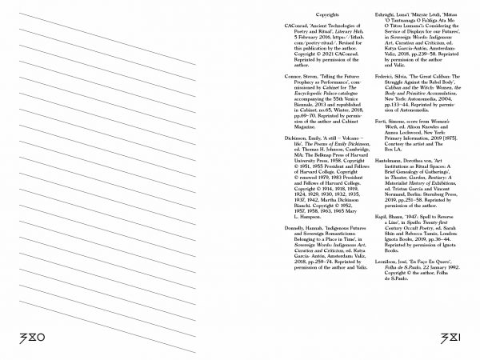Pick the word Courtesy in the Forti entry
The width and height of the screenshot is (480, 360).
[x=378, y=161]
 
